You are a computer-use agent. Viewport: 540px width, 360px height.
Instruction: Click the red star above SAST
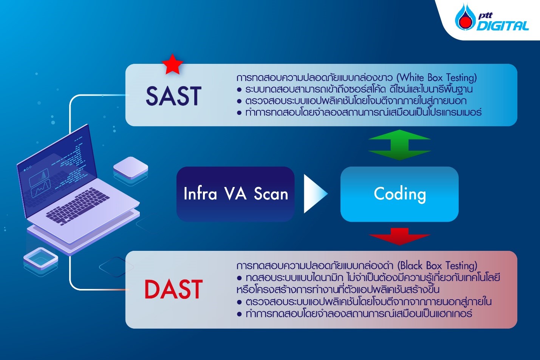click(x=172, y=65)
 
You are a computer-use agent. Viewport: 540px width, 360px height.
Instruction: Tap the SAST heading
click(x=173, y=96)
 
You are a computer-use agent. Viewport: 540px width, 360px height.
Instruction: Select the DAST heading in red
click(x=173, y=289)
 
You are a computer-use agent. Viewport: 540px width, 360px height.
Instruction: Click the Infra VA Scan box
click(x=235, y=194)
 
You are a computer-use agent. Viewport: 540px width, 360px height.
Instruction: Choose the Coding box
click(x=399, y=194)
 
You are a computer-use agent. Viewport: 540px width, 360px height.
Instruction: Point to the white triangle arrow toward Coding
click(x=315, y=194)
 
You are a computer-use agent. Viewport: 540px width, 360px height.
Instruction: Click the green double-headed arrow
click(x=399, y=145)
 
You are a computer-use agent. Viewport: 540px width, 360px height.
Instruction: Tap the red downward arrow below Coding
click(x=399, y=236)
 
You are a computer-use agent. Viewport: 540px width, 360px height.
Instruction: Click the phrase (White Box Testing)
click(x=436, y=77)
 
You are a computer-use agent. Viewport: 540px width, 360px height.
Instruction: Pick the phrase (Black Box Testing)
click(x=437, y=266)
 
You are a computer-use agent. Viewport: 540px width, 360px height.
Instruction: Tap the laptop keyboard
click(x=77, y=206)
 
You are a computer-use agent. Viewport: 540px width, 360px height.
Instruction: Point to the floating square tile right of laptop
click(x=131, y=168)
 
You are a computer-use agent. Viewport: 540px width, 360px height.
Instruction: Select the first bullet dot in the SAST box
click(x=239, y=90)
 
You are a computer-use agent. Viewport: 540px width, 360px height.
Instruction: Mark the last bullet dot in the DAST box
click(x=239, y=314)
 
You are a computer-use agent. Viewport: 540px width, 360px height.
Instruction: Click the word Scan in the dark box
click(x=271, y=194)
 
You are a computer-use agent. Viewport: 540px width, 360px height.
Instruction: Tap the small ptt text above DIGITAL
click(x=485, y=16)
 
